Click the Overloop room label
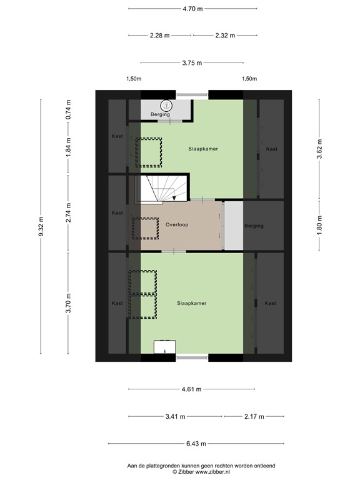pyautogui.click(x=177, y=224)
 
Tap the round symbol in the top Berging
pyautogui.click(x=166, y=106)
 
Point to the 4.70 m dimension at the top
pyautogui.click(x=192, y=9)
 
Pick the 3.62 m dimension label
pyautogui.click(x=319, y=149)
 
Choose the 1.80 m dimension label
pyautogui.click(x=319, y=225)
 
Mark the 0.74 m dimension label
pyautogui.click(x=69, y=110)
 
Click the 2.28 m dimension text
pyautogui.click(x=159, y=36)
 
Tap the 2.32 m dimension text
pyautogui.click(x=224, y=36)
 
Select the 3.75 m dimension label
pyautogui.click(x=192, y=62)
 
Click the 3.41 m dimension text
pyautogui.click(x=176, y=417)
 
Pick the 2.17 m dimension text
pyautogui.click(x=254, y=417)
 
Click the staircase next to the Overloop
pyautogui.click(x=160, y=188)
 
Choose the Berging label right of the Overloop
pyautogui.click(x=254, y=226)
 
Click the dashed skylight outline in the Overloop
pyautogui.click(x=144, y=227)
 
